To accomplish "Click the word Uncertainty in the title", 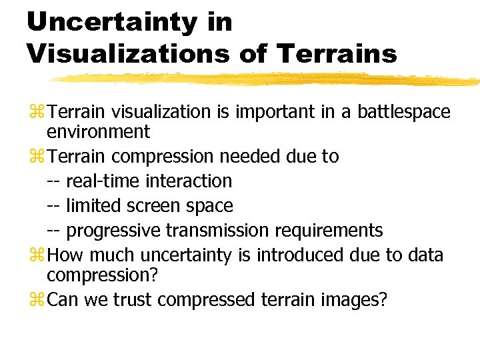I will (x=112, y=22).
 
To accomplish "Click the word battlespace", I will (x=404, y=112).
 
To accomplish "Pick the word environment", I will (x=99, y=132).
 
